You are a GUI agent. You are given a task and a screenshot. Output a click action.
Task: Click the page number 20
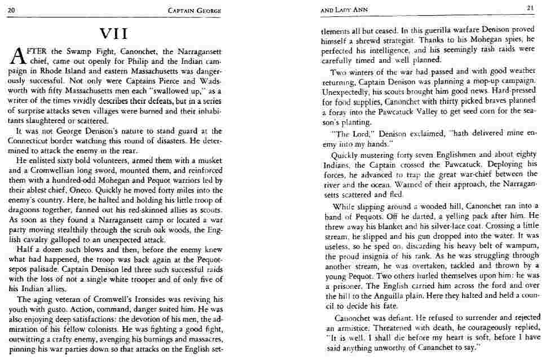pos(12,10)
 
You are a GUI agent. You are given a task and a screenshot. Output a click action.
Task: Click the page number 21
pos(530,8)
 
